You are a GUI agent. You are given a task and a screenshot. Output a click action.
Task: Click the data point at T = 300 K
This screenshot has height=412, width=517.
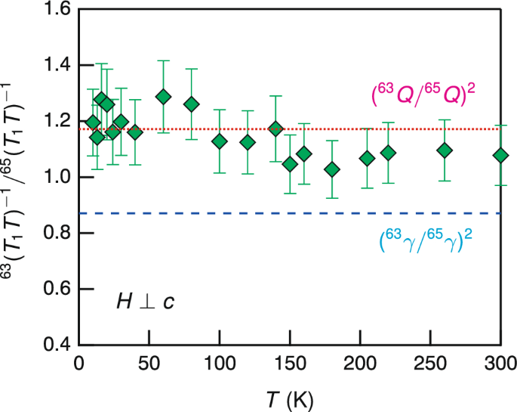point(500,156)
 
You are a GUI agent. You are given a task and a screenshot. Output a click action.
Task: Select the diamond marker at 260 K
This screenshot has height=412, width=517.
point(445,150)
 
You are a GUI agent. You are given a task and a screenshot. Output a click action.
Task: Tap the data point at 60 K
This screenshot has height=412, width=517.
point(163,97)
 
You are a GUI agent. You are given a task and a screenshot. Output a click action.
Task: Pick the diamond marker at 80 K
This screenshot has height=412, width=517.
point(192,104)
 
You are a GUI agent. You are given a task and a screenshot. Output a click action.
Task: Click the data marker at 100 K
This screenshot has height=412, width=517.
point(220,141)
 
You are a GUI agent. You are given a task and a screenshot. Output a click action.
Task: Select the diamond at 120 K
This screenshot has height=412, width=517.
point(248,142)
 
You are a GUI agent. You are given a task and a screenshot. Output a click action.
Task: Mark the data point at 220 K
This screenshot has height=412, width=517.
point(388,153)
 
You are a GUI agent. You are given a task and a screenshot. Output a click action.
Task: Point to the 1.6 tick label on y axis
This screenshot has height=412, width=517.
point(57,10)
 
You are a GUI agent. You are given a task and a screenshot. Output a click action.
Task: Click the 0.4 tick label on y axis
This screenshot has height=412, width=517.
point(57,345)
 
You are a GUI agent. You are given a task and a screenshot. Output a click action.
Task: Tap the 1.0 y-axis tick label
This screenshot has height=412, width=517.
point(57,178)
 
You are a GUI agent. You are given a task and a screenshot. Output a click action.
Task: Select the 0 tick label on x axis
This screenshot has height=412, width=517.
point(79,364)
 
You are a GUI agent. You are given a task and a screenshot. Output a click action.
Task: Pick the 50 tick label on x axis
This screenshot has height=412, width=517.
point(149,364)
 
